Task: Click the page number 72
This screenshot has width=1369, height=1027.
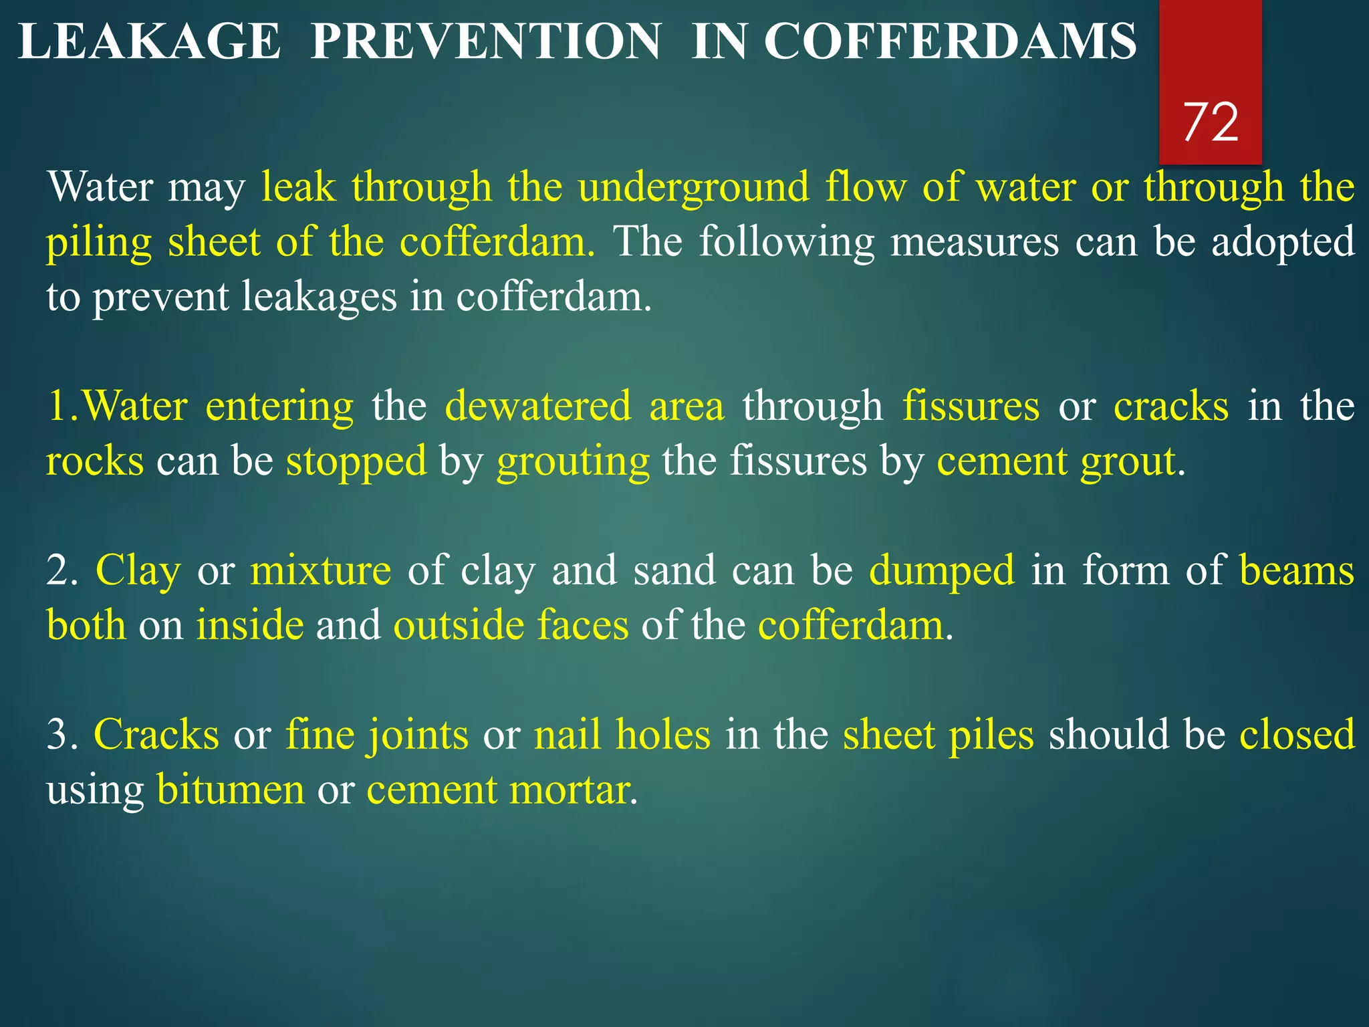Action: pyautogui.click(x=1211, y=123)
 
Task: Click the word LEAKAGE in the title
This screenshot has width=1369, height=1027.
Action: pyautogui.click(x=149, y=41)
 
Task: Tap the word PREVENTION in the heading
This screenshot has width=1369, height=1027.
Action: pyautogui.click(x=486, y=41)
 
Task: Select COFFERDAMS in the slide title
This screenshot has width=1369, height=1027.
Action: pyautogui.click(x=950, y=41)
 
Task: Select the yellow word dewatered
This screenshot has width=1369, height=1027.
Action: pyautogui.click(x=538, y=407)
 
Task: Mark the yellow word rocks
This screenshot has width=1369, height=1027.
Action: pyautogui.click(x=95, y=461)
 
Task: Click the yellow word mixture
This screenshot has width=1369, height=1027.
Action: pyautogui.click(x=321, y=571)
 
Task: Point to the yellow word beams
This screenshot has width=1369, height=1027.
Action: pyautogui.click(x=1297, y=571)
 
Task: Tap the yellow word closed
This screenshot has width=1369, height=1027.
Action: pyautogui.click(x=1297, y=735)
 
